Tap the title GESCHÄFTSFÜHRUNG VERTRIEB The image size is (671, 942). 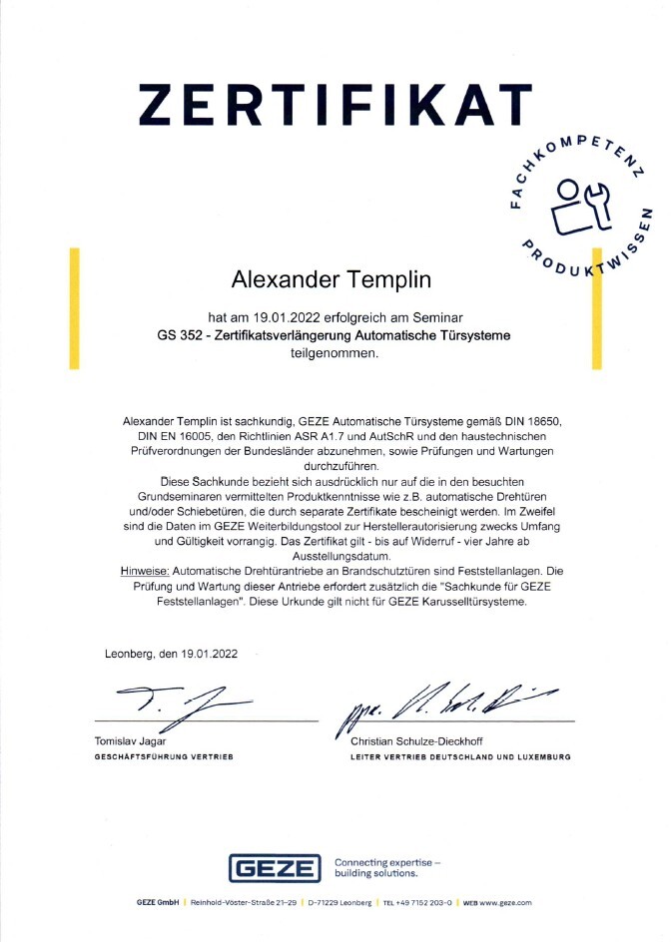point(162,757)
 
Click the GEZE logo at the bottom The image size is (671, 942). point(275,868)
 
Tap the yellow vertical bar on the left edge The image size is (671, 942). point(74,314)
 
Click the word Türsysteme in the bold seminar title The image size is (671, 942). point(473,335)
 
